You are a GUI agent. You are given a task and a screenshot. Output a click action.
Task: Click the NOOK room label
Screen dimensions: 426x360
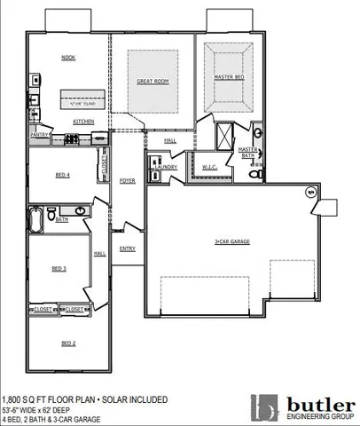68,58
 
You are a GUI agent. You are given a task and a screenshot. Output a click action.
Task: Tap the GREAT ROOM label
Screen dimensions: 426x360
153,81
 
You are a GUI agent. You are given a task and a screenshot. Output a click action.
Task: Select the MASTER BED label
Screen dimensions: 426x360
228,77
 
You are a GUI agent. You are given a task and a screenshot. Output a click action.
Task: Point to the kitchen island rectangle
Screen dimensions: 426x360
82,99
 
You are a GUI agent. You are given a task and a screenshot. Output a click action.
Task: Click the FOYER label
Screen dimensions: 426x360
127,180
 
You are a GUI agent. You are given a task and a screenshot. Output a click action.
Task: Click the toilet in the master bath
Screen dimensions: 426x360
256,175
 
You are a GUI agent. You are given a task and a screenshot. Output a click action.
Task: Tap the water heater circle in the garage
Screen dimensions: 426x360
310,193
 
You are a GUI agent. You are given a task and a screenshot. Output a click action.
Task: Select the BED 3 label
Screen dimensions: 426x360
59,267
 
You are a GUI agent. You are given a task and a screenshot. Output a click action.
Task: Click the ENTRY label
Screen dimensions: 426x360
127,248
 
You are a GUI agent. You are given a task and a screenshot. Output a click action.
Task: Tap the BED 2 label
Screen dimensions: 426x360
68,343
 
